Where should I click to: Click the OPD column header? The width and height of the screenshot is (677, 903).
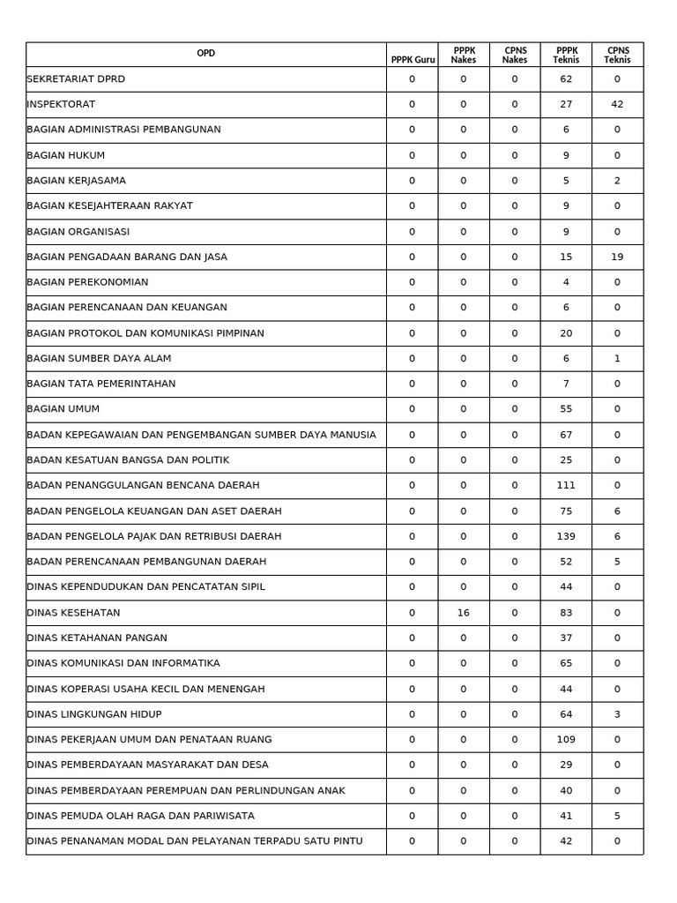[x=205, y=54]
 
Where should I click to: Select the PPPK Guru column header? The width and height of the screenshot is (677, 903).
[x=413, y=60]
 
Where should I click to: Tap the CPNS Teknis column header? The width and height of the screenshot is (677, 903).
[x=617, y=55]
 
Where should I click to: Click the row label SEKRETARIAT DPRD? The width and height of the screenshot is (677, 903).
[x=76, y=79]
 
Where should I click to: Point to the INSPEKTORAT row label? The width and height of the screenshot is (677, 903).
[x=61, y=104]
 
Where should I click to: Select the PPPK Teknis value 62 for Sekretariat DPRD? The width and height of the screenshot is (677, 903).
[x=566, y=79]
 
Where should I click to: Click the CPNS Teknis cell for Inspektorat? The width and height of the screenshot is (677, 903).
[x=617, y=104]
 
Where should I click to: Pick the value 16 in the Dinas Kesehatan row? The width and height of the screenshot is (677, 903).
[x=463, y=613]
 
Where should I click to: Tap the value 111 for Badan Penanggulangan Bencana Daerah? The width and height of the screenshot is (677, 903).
[x=566, y=485]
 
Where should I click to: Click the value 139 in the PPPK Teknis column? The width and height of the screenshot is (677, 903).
[x=566, y=536]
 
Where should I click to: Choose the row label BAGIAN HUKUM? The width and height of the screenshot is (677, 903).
[x=66, y=155]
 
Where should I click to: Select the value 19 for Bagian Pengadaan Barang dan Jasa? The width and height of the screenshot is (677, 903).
[x=617, y=257]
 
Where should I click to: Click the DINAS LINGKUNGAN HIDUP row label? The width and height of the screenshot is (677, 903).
[x=94, y=714]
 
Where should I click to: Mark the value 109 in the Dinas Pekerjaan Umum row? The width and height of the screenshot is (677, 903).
[x=566, y=740]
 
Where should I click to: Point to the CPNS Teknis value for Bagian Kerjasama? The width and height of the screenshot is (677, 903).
[x=617, y=181]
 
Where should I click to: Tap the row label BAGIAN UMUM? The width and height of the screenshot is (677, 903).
[x=63, y=409]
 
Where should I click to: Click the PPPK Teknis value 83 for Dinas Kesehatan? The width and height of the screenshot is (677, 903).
[x=566, y=613]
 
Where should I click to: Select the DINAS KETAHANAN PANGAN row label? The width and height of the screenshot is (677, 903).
[x=97, y=638]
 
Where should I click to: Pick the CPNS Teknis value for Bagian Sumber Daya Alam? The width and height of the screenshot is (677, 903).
[x=617, y=359]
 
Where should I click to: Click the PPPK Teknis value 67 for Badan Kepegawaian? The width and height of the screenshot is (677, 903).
[x=566, y=435]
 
